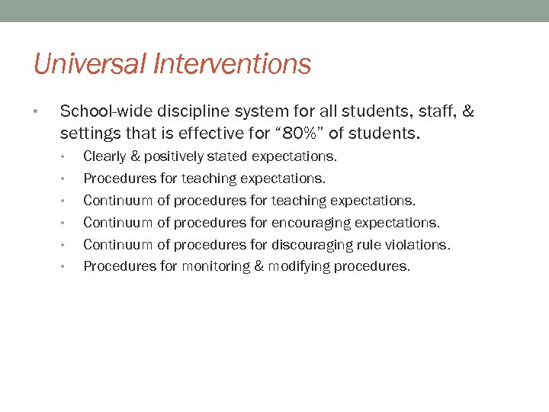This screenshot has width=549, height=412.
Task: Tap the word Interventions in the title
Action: pos(232,64)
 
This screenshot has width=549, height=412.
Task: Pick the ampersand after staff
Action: pos(467,112)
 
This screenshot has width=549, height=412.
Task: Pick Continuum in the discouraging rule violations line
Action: pos(118,245)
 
